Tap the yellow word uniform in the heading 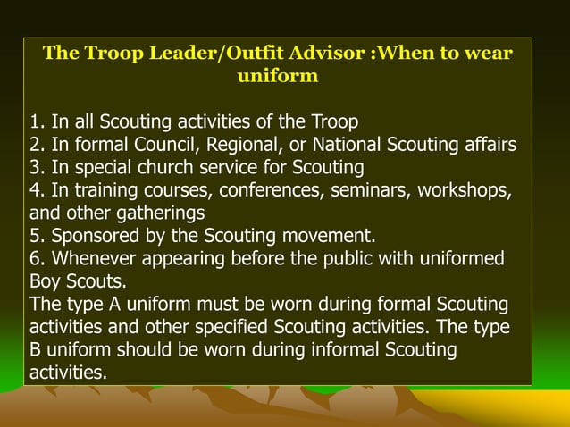(x=277, y=76)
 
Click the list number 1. (x=36, y=121)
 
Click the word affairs (x=485, y=145)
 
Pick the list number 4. (x=36, y=191)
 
